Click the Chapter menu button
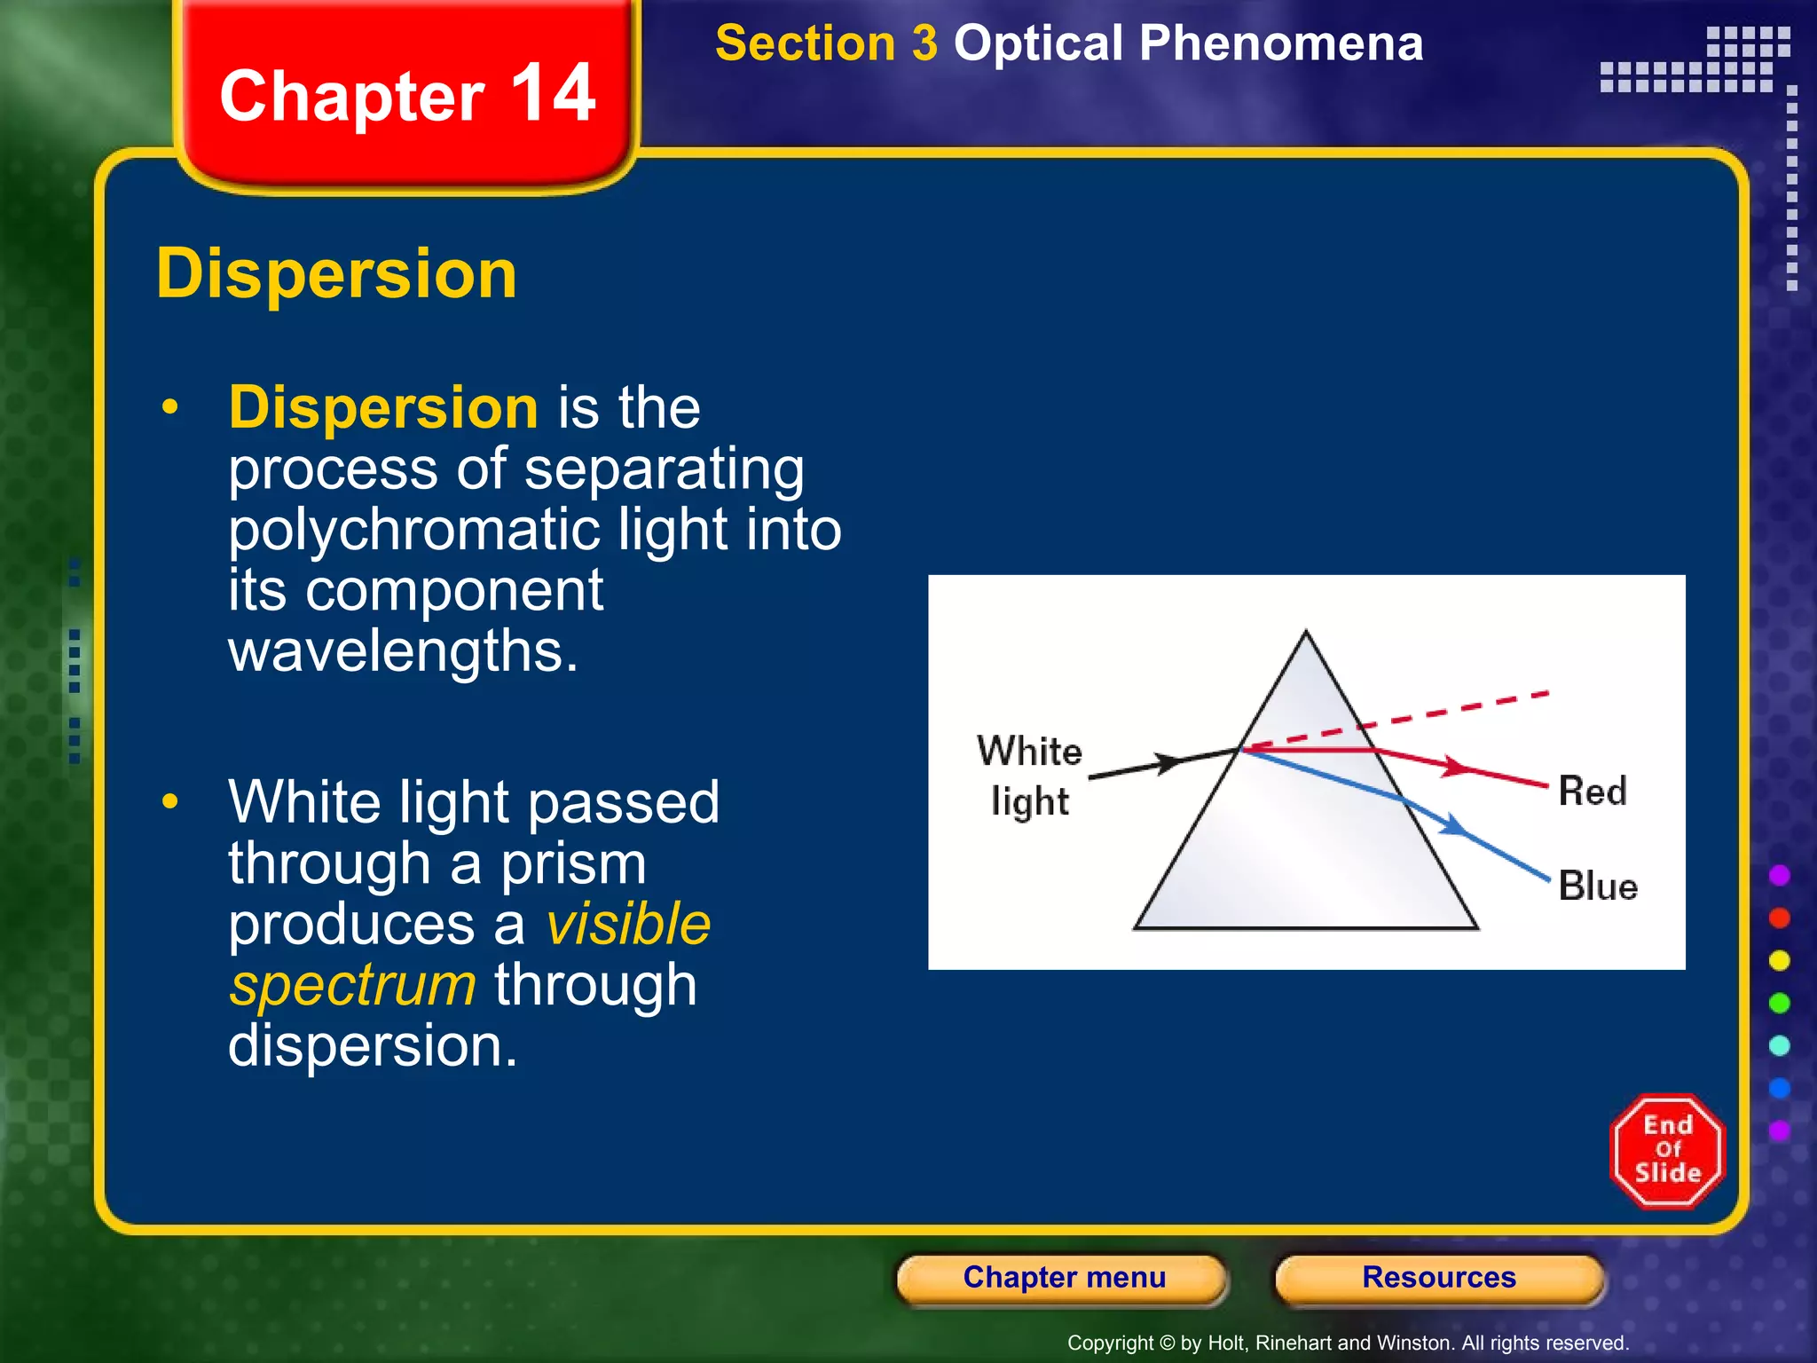[1063, 1278]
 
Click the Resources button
[1438, 1278]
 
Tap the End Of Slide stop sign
[1667, 1151]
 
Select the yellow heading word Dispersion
[336, 273]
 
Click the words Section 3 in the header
[826, 43]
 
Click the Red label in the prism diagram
[1592, 791]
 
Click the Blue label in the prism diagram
[1597, 886]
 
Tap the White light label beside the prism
[1029, 775]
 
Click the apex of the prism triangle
[1305, 634]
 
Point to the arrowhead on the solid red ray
[1453, 765]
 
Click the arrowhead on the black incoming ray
[1168, 762]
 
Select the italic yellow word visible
[628, 924]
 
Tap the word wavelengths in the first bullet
[403, 651]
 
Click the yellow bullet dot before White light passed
[170, 801]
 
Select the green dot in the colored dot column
[1779, 1003]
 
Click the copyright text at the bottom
[1347, 1343]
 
